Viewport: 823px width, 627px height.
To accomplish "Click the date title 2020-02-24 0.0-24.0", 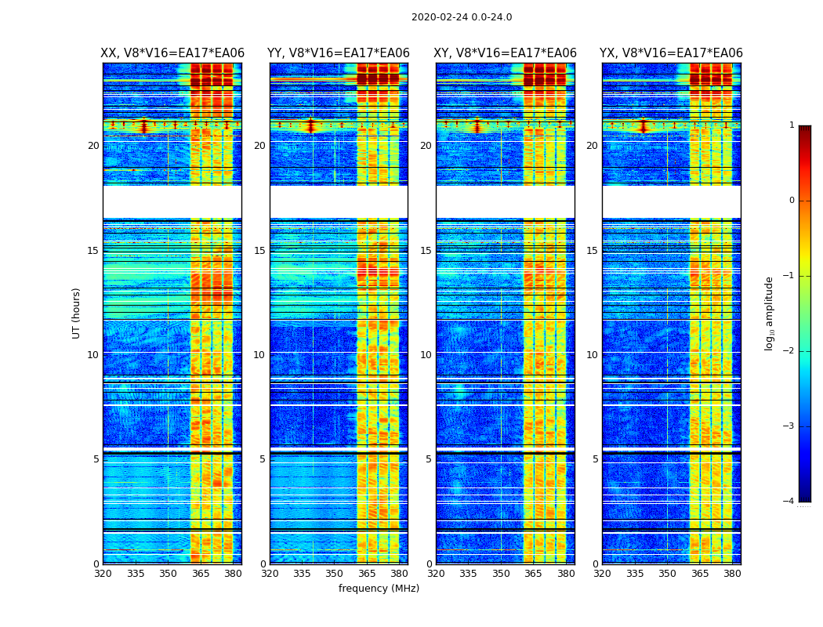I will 462,17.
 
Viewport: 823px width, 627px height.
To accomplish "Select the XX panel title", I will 172,53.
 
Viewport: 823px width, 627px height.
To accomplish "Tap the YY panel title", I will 339,53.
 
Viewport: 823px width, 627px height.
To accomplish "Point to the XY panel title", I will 506,53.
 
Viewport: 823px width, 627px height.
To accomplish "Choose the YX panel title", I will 671,53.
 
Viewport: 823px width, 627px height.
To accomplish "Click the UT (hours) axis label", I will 76,313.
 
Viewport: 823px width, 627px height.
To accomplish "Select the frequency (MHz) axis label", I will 379,589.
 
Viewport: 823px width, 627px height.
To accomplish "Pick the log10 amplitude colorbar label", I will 770,313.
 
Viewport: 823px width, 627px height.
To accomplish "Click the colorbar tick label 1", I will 792,125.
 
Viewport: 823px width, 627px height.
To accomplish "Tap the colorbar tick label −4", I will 789,502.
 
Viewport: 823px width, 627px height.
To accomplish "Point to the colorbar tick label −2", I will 789,351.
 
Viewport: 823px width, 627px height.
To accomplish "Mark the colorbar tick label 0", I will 792,201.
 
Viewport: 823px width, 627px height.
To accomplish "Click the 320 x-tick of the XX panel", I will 103,574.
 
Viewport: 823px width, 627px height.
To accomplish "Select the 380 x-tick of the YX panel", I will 732,574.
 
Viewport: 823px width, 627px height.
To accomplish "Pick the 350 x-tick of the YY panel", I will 335,574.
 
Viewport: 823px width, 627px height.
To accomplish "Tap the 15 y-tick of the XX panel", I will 93,250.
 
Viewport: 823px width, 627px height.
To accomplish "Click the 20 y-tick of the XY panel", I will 426,146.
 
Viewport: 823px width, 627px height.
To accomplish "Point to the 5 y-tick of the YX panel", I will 596,459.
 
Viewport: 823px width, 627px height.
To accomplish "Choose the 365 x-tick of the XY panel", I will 533,574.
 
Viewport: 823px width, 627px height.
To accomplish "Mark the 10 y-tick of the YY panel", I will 259,355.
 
